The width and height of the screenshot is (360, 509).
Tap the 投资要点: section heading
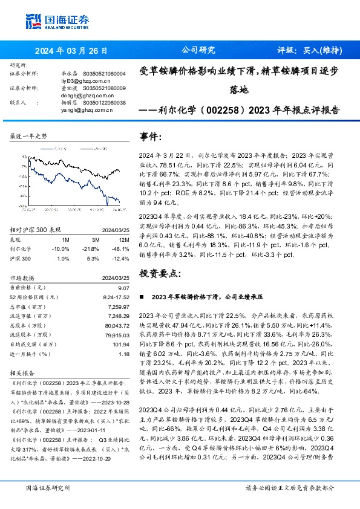[x=160, y=273]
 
